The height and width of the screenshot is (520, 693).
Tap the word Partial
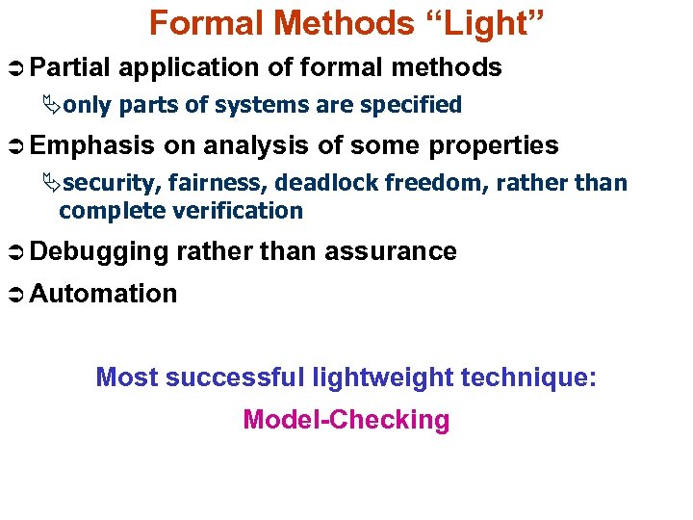(70, 67)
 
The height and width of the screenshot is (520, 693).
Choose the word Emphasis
(92, 146)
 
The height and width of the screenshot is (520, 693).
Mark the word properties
(495, 146)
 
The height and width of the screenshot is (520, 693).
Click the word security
(113, 183)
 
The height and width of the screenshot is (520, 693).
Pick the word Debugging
(99, 252)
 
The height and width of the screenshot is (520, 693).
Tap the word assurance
(390, 252)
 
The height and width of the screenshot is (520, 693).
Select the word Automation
(104, 294)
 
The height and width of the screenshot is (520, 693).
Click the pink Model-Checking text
(346, 420)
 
